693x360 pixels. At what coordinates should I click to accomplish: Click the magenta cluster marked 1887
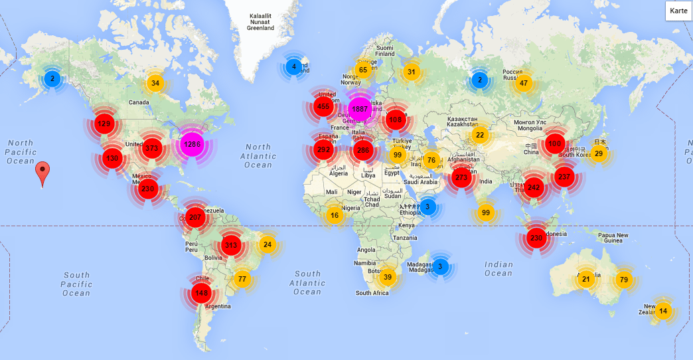pos(360,108)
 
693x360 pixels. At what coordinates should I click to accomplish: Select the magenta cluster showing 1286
pos(192,144)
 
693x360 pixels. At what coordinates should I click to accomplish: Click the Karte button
pos(678,11)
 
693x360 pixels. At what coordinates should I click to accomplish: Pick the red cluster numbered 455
pos(323,106)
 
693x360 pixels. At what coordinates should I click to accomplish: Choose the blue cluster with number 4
pos(294,66)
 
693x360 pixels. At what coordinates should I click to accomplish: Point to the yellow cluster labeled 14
pos(663,311)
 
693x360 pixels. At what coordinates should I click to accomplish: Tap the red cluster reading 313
pos(231,245)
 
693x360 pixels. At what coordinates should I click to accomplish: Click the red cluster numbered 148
pos(201,293)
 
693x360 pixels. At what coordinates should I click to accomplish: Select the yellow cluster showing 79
pos(623,280)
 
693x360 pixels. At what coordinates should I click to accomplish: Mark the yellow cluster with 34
pos(155,83)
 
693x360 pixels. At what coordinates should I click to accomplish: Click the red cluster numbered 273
pos(461,177)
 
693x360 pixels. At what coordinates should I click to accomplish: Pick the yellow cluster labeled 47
pos(524,83)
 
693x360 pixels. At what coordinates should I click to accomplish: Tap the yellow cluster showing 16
pos(335,215)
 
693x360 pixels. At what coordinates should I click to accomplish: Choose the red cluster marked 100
pos(554,143)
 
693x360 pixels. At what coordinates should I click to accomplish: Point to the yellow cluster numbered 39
pos(388,277)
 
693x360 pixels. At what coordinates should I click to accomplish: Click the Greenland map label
pos(260,22)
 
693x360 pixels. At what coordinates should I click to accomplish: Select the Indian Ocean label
pos(499,268)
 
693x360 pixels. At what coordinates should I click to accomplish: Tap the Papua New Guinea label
pos(613,238)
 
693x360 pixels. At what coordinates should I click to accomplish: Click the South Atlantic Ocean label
pos(307,282)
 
